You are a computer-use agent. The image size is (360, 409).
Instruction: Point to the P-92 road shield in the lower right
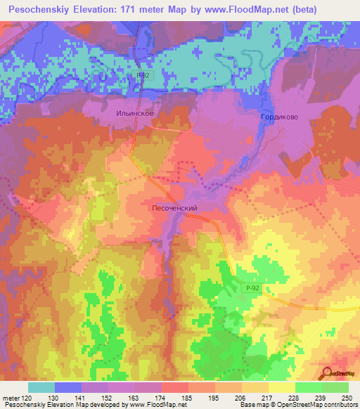tap(254, 288)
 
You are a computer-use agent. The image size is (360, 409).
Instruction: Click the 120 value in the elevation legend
tap(25, 397)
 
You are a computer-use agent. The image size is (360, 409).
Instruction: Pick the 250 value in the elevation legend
tap(347, 397)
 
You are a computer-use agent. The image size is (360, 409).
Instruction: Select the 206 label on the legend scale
tap(242, 397)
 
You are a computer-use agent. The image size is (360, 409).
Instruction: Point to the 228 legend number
tap(295, 397)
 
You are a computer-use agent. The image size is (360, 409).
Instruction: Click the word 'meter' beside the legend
tap(10, 397)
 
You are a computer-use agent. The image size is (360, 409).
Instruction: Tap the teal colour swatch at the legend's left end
tap(41, 387)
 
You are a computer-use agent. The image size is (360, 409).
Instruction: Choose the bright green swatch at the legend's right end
tap(335, 387)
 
